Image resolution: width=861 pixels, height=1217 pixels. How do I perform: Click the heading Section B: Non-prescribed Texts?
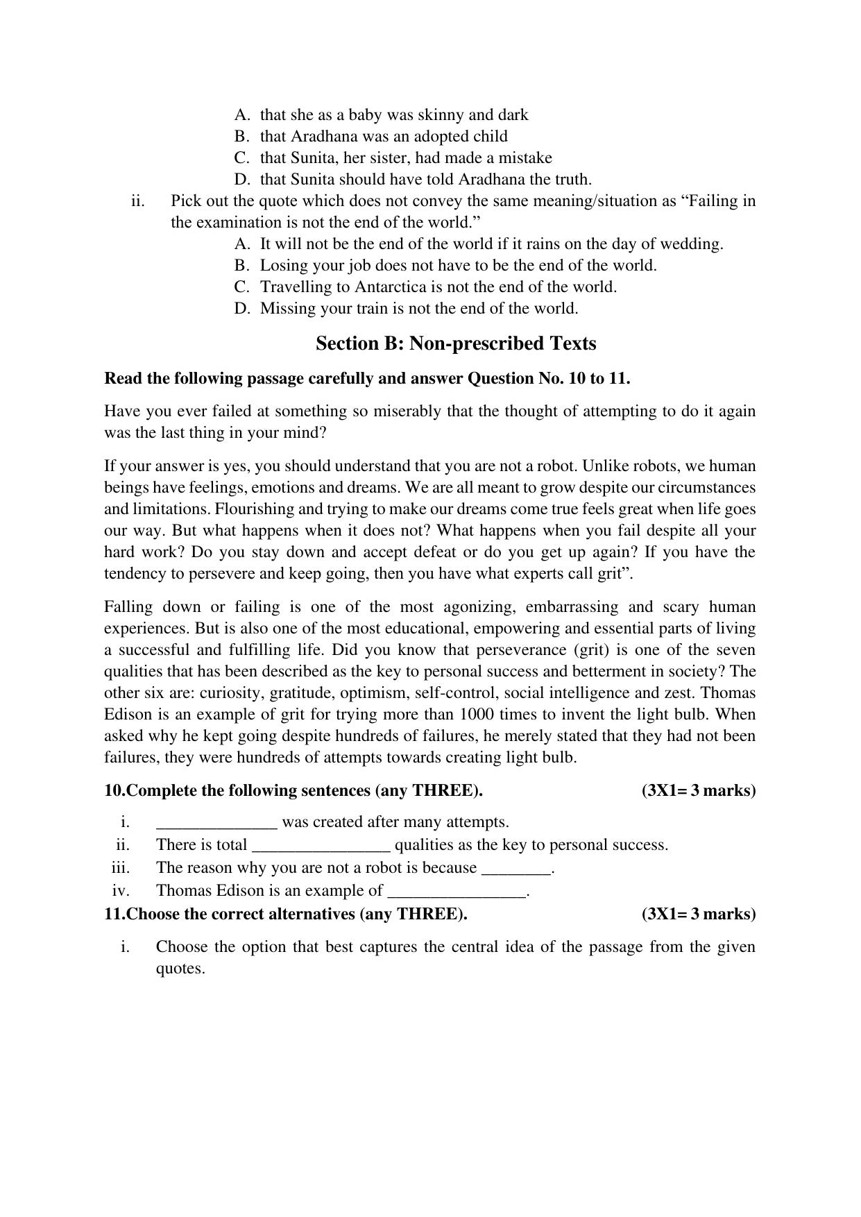pyautogui.click(x=455, y=343)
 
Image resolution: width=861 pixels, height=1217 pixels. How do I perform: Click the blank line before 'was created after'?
pyautogui.click(x=216, y=823)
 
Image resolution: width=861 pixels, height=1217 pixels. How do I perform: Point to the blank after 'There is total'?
pyautogui.click(x=321, y=846)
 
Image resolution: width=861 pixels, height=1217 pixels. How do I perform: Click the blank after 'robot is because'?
pyautogui.click(x=515, y=869)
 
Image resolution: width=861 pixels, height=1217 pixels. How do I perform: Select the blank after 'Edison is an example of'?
pyautogui.click(x=456, y=892)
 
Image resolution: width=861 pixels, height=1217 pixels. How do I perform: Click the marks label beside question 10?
pyautogui.click(x=698, y=790)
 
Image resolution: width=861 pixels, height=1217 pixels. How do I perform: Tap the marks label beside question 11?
pyautogui.click(x=698, y=914)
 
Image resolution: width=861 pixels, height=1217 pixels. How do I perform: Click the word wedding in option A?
pyautogui.click(x=690, y=244)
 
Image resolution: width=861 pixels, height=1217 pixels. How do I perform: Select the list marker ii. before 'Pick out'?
pyautogui.click(x=137, y=201)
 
